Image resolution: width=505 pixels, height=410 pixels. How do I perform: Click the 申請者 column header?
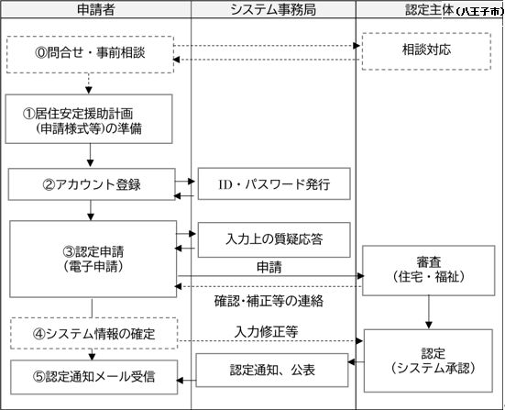pos(95,10)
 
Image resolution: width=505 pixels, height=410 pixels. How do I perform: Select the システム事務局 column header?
pos(273,10)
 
